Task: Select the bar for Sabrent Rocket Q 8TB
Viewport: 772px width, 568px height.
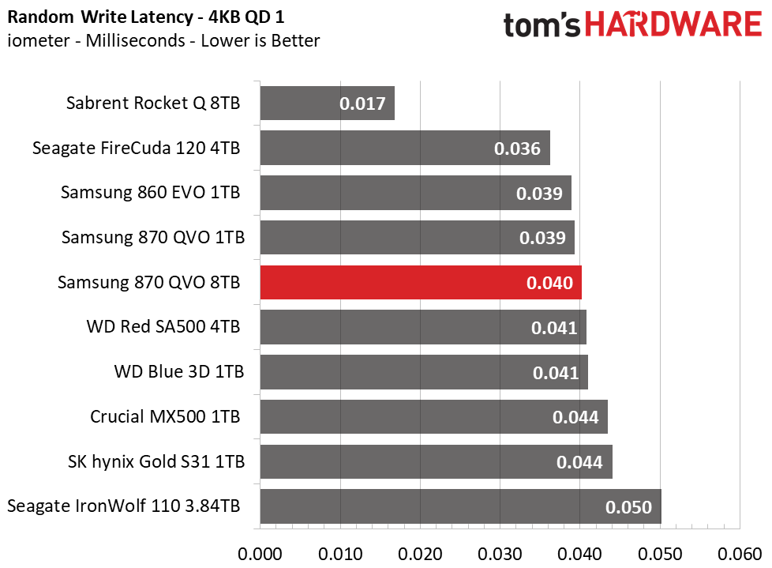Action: (327, 103)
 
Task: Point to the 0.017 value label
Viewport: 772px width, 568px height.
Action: (362, 103)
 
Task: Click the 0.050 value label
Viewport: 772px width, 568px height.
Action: (629, 507)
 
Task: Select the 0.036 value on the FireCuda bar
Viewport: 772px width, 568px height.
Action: (517, 149)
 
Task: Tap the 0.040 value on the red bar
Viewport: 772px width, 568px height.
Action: (549, 283)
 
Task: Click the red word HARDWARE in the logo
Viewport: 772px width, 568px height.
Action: (673, 26)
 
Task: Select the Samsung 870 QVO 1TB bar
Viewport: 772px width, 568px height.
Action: (417, 238)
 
